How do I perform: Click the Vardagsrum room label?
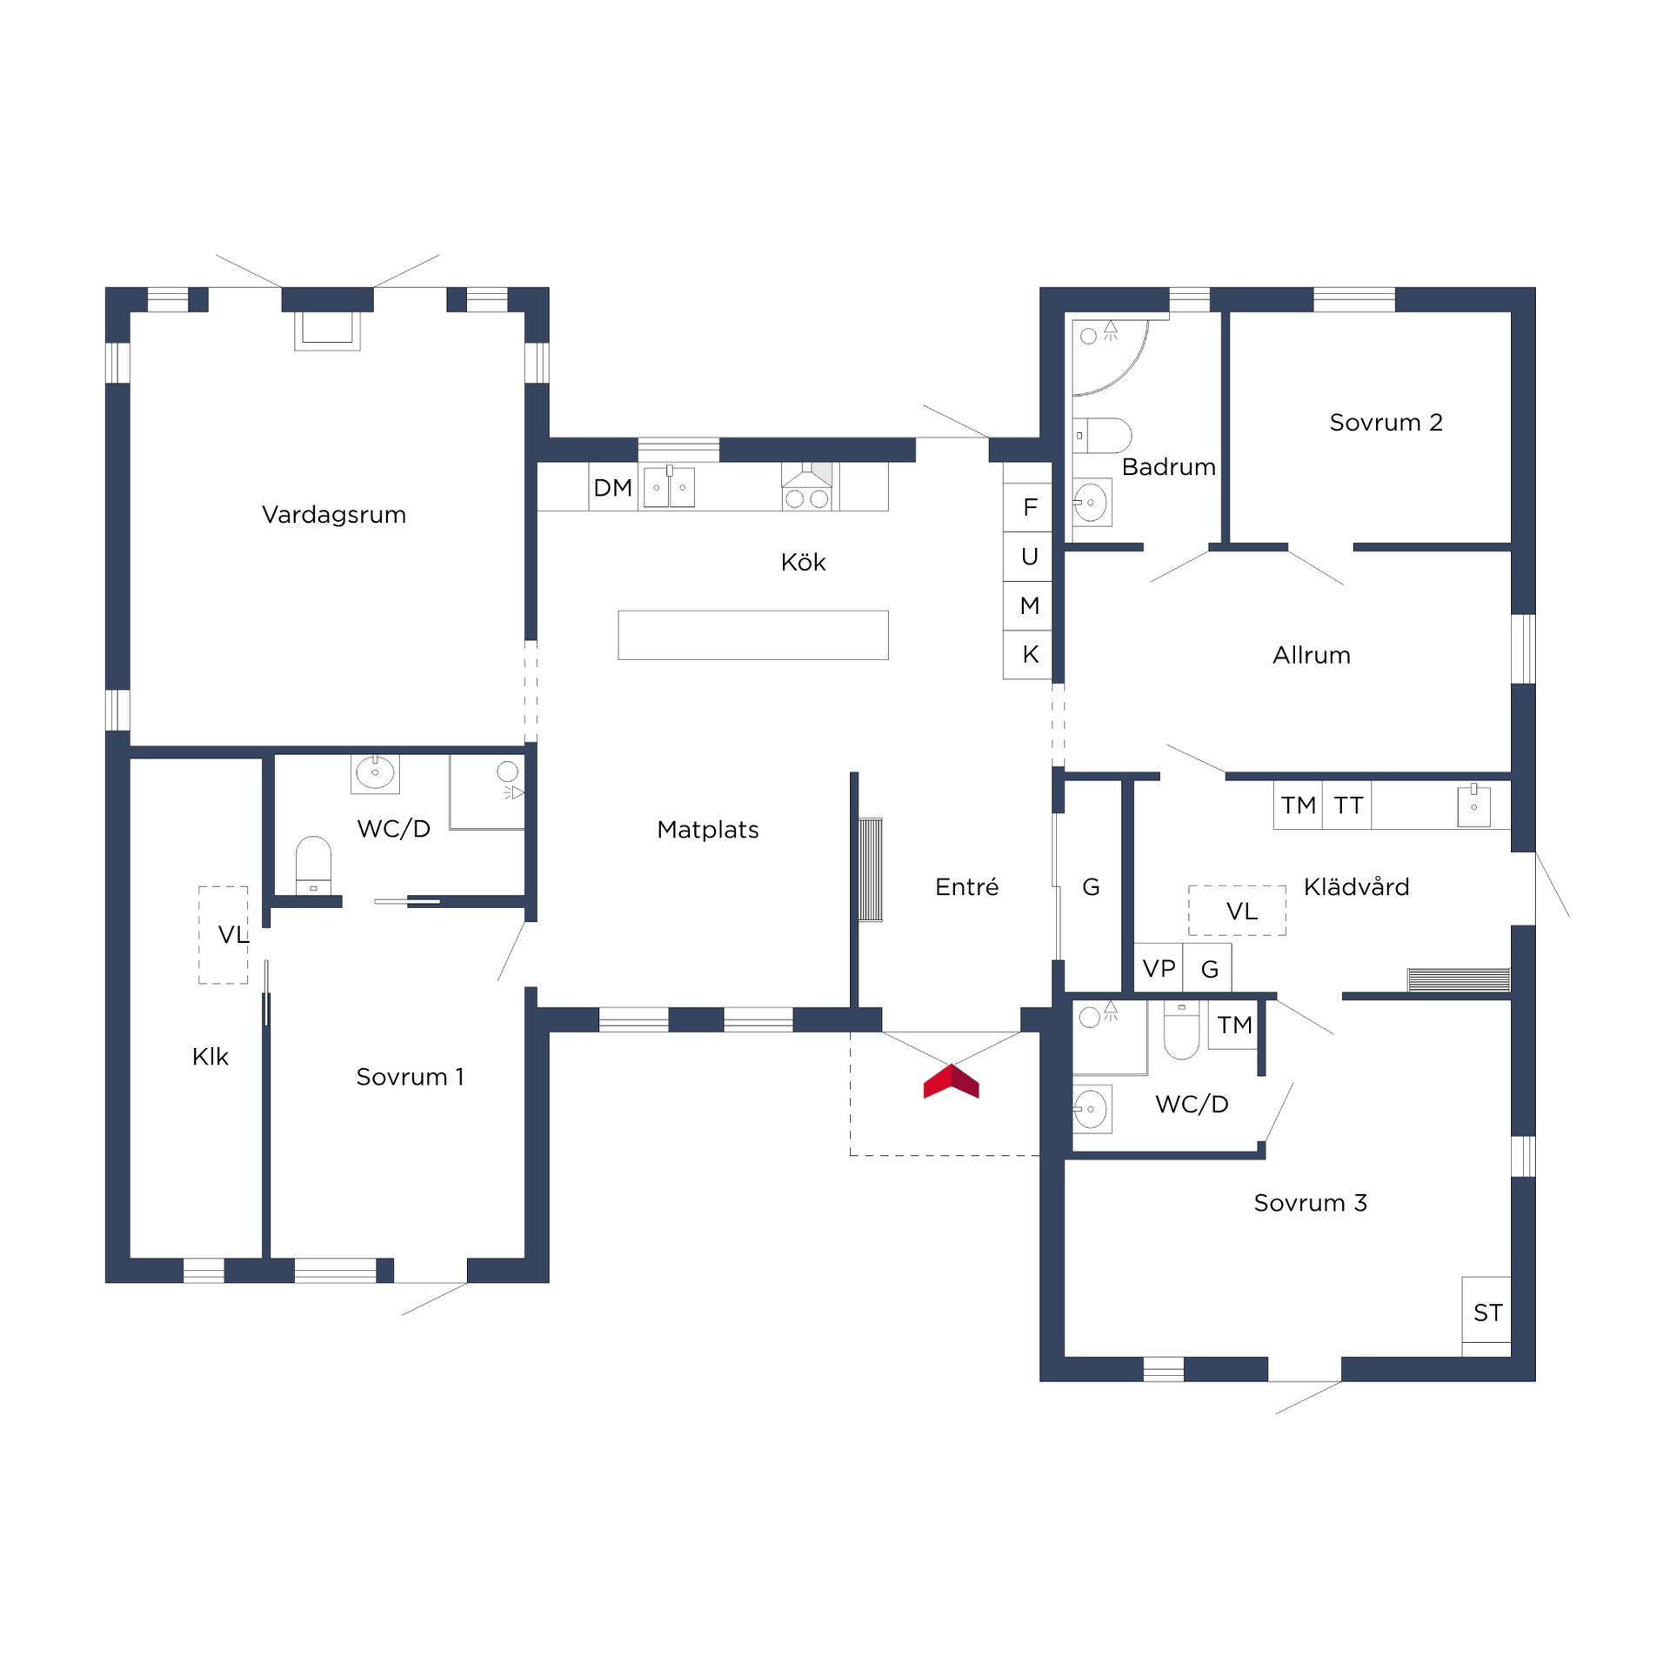pos(334,515)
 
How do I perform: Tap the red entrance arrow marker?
pos(951,1082)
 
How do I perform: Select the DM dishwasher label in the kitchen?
pos(612,488)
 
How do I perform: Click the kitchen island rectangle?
pos(752,635)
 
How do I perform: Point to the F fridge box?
pos(1029,507)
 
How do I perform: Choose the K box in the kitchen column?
pos(1029,654)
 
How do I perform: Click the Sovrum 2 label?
pos(1386,423)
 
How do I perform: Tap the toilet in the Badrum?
pos(1103,435)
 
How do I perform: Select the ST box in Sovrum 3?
pos(1486,1313)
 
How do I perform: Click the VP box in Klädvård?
pos(1159,968)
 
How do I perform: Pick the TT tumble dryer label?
pos(1347,805)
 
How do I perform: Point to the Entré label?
pos(966,887)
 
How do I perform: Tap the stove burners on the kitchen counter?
pos(806,499)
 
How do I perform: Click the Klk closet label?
pos(210,1057)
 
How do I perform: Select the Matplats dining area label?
pos(707,830)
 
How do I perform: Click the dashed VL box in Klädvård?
pos(1237,911)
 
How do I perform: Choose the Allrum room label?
pos(1311,655)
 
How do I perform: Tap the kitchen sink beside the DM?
pos(668,488)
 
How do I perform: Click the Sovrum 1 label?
pos(410,1077)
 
